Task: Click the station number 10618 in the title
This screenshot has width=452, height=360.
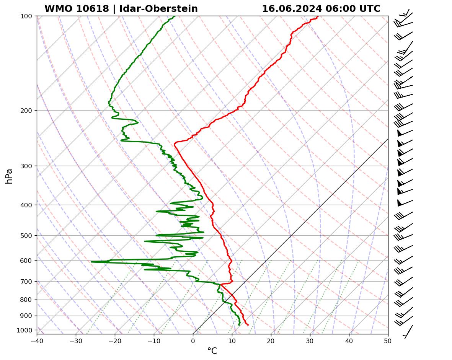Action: [93, 9]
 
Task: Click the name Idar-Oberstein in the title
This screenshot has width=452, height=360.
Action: [158, 9]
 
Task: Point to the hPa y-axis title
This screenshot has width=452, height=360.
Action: [9, 176]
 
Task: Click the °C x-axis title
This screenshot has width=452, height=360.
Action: [212, 351]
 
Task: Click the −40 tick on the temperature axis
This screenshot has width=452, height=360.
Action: [37, 340]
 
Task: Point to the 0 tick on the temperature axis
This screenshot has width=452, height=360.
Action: [193, 340]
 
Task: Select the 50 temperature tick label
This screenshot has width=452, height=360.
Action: [388, 340]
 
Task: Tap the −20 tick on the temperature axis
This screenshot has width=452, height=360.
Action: [115, 340]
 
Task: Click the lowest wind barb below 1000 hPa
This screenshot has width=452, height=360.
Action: [408, 332]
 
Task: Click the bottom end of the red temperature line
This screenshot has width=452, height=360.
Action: [248, 325]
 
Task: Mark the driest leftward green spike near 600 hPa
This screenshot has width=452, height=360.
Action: [91, 262]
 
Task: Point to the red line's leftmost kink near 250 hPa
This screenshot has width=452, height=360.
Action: [174, 144]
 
